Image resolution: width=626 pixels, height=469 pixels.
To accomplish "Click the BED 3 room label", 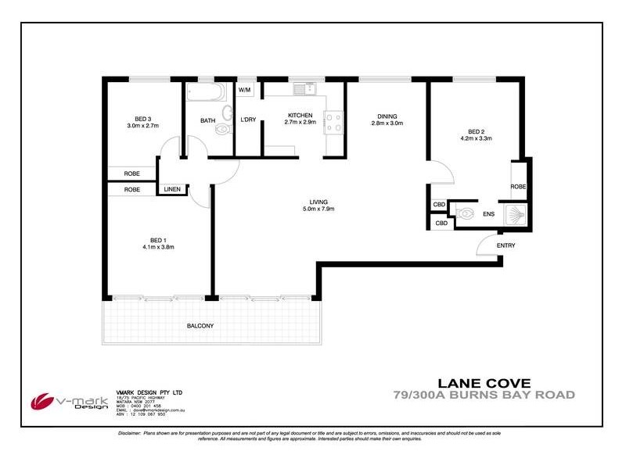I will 142,117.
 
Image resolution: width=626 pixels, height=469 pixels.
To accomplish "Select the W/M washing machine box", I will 244,90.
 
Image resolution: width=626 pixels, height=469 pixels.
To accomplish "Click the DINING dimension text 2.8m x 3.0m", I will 387,124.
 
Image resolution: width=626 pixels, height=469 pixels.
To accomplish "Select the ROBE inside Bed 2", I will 518,187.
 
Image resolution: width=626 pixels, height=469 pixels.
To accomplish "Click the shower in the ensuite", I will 516,215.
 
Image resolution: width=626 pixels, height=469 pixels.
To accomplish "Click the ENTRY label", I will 506,245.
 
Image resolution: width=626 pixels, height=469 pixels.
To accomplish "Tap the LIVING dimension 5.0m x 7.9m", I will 318,209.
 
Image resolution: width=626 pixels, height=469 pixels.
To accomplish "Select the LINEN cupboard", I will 172,189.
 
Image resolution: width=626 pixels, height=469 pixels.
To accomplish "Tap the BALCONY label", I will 200,325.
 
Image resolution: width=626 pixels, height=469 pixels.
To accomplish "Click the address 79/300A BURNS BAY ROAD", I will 484,395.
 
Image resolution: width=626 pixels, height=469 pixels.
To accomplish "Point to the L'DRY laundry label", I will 248,119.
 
